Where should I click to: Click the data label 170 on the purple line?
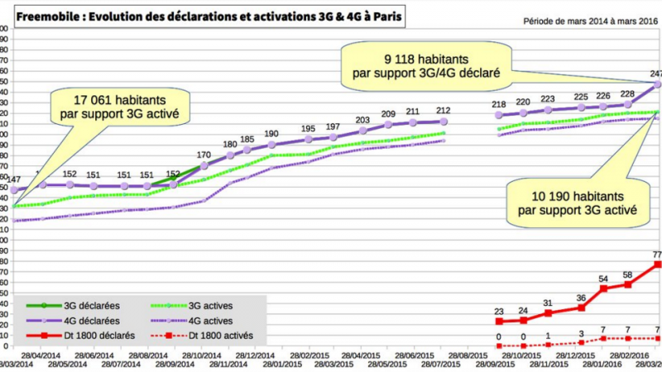(x=204, y=154)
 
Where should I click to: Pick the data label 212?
(x=443, y=111)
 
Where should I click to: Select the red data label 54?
(x=604, y=279)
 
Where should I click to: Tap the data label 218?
(x=499, y=105)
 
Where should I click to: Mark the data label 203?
(x=362, y=121)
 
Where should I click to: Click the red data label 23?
(x=499, y=312)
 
